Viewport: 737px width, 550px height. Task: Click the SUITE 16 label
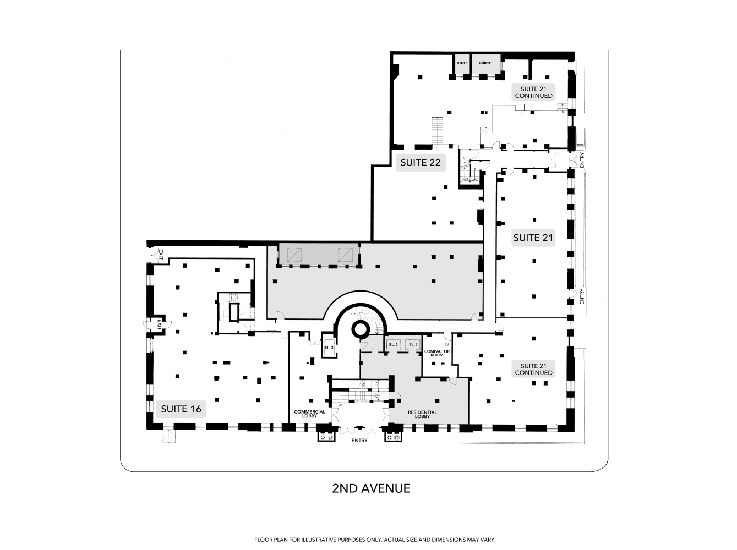pyautogui.click(x=181, y=409)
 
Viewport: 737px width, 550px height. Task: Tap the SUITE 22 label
pyautogui.click(x=421, y=162)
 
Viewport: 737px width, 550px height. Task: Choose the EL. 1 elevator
pyautogui.click(x=413, y=345)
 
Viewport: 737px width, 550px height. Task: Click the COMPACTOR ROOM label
pyautogui.click(x=437, y=353)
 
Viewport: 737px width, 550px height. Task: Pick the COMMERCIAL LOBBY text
pyautogui.click(x=310, y=414)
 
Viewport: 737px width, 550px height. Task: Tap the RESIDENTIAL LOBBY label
pyautogui.click(x=422, y=414)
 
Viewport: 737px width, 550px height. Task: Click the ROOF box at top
pyautogui.click(x=462, y=63)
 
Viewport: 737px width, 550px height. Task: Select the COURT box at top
pyautogui.click(x=485, y=63)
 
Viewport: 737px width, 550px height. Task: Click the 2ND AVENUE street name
pyautogui.click(x=371, y=488)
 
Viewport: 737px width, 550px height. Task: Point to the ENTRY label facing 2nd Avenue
pyautogui.click(x=360, y=440)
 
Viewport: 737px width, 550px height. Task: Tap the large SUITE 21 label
pyautogui.click(x=533, y=238)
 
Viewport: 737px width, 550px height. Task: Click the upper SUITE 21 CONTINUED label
pyautogui.click(x=533, y=92)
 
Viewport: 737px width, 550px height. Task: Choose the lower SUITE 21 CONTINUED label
pyautogui.click(x=533, y=369)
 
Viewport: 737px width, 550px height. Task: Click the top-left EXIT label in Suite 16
pyautogui.click(x=161, y=254)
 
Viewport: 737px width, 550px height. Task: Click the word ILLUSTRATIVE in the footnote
pyautogui.click(x=316, y=540)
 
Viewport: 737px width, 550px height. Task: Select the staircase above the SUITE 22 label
pyautogui.click(x=437, y=131)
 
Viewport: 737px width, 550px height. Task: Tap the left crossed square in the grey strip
pyautogui.click(x=296, y=254)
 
